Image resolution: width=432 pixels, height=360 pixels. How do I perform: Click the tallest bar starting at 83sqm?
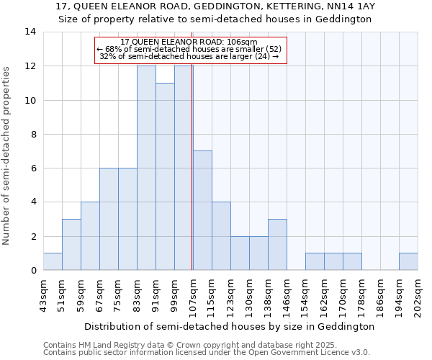[x=146, y=168]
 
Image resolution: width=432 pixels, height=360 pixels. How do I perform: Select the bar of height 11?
[x=165, y=176]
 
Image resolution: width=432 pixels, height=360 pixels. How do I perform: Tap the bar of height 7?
[x=202, y=210]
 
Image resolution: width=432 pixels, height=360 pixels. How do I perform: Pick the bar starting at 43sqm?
[x=53, y=262]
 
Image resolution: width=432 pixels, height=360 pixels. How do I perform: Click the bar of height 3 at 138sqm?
[x=277, y=245]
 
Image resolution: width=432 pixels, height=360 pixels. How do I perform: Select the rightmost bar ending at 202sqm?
[x=408, y=262]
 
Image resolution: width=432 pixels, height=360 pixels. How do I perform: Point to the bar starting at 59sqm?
[x=90, y=236]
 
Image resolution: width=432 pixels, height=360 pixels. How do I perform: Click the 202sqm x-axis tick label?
[x=418, y=294]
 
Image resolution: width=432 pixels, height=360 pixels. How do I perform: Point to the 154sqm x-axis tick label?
[x=306, y=294]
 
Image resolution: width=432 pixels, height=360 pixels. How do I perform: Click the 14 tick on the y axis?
[x=30, y=32]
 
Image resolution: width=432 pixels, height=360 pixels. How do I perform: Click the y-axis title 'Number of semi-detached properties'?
[x=7, y=155]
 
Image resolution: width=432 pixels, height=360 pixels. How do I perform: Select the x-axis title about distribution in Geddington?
[x=230, y=326]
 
